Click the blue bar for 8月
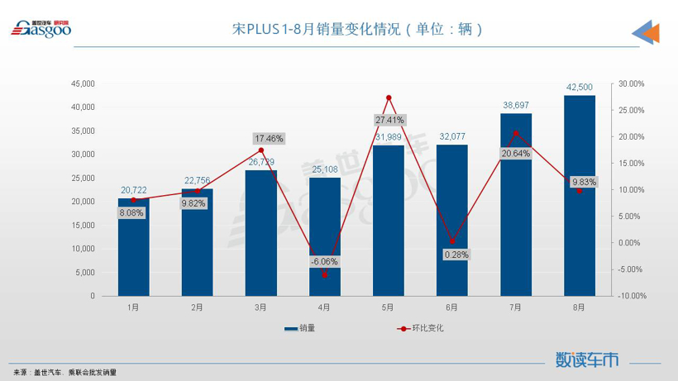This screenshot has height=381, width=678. tap(579, 198)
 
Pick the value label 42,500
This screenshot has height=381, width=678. tap(579, 87)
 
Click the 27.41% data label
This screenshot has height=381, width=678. tap(389, 120)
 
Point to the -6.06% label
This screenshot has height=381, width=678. tap(325, 261)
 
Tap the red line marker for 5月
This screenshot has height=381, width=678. tap(389, 98)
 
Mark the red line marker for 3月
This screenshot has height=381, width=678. tap(261, 150)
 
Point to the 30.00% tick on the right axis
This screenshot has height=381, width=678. tap(631, 83)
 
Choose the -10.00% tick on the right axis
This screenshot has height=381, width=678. tap(631, 296)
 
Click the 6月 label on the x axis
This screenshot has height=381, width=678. tap(451, 307)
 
